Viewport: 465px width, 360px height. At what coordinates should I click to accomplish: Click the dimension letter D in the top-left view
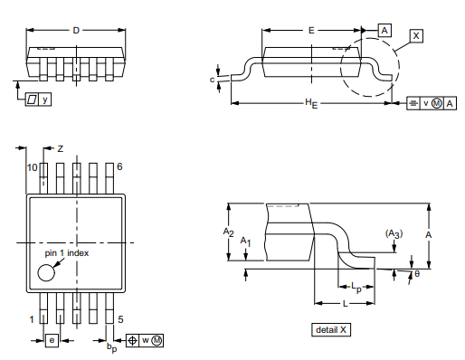[x=76, y=30]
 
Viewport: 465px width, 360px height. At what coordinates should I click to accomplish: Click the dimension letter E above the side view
[x=310, y=30]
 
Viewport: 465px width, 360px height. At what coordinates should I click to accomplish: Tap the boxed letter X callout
[x=416, y=35]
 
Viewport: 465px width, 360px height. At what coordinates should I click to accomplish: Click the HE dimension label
[x=310, y=105]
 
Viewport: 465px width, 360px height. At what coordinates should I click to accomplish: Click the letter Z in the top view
[x=61, y=147]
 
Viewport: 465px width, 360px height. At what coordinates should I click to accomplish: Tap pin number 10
[x=32, y=168]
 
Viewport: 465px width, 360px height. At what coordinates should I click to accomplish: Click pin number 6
[x=119, y=168]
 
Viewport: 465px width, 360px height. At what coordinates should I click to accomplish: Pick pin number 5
[x=120, y=319]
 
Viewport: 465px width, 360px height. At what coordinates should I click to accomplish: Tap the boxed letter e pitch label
[x=52, y=340]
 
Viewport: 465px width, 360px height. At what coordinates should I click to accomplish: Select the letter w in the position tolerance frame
[x=143, y=340]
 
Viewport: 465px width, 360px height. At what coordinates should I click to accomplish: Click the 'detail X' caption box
[x=330, y=329]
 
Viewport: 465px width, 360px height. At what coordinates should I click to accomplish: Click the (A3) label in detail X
[x=394, y=233]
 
